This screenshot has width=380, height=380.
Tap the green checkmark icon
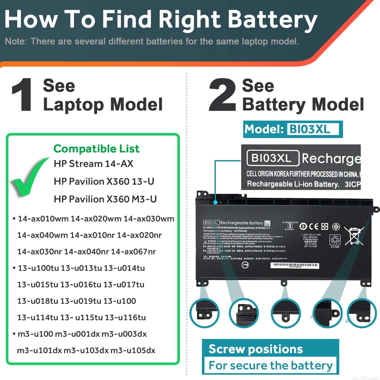point(29,177)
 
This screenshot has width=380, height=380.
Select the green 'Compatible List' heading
point(96,149)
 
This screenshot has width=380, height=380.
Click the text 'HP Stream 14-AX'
point(93,164)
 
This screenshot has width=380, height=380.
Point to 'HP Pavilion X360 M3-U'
point(105,199)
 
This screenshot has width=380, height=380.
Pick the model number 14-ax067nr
point(134,252)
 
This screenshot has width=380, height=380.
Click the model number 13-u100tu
point(38,268)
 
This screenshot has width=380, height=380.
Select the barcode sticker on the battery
point(295,265)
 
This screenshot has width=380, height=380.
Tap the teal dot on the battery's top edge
point(215,202)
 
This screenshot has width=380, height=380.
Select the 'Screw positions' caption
point(256,349)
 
